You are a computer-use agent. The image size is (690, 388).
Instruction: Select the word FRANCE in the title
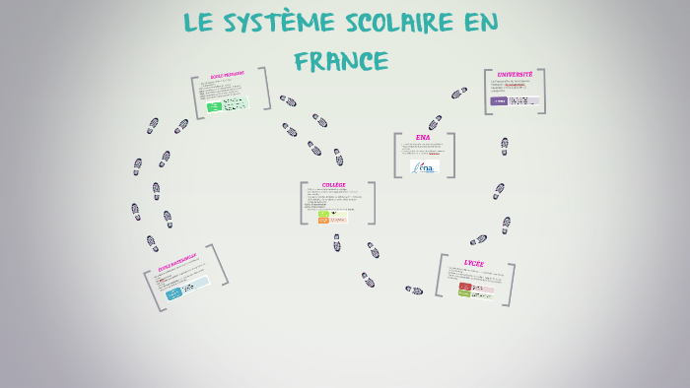click(x=341, y=61)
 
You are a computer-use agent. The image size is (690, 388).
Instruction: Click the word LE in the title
click(x=201, y=23)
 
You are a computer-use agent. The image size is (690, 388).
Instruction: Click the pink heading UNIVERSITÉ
click(x=515, y=75)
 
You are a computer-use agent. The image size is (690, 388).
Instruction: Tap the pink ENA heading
click(x=423, y=138)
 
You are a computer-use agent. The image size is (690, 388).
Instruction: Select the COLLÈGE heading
click(x=334, y=185)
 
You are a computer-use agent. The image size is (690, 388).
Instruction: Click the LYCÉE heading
click(x=474, y=264)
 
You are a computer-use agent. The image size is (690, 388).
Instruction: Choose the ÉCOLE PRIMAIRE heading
click(x=227, y=76)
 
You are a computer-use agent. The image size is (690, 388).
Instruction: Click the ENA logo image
click(x=426, y=167)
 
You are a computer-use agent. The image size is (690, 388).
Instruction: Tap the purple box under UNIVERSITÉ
click(x=500, y=100)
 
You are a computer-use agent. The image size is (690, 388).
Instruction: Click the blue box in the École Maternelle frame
click(x=174, y=293)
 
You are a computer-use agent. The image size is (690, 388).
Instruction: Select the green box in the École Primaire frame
click(x=214, y=106)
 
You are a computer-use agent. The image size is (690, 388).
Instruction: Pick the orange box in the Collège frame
click(x=323, y=220)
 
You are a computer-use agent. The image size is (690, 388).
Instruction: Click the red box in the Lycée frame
click(x=465, y=287)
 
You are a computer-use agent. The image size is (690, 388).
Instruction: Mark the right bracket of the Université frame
click(x=541, y=91)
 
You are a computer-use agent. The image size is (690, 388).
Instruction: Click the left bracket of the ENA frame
click(x=396, y=155)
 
